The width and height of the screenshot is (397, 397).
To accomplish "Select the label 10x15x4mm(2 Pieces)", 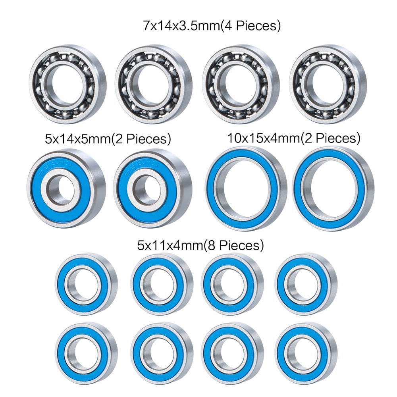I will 294,138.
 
